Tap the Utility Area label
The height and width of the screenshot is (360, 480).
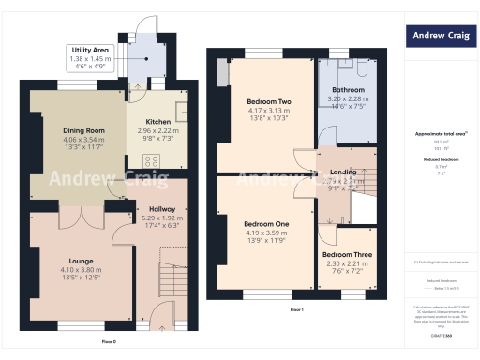click(x=91, y=50)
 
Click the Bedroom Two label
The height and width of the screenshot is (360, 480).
click(x=269, y=101)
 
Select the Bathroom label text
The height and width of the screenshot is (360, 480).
click(x=347, y=91)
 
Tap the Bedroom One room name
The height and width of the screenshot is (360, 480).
click(x=266, y=224)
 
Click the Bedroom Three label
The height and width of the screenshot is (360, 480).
click(x=346, y=254)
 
